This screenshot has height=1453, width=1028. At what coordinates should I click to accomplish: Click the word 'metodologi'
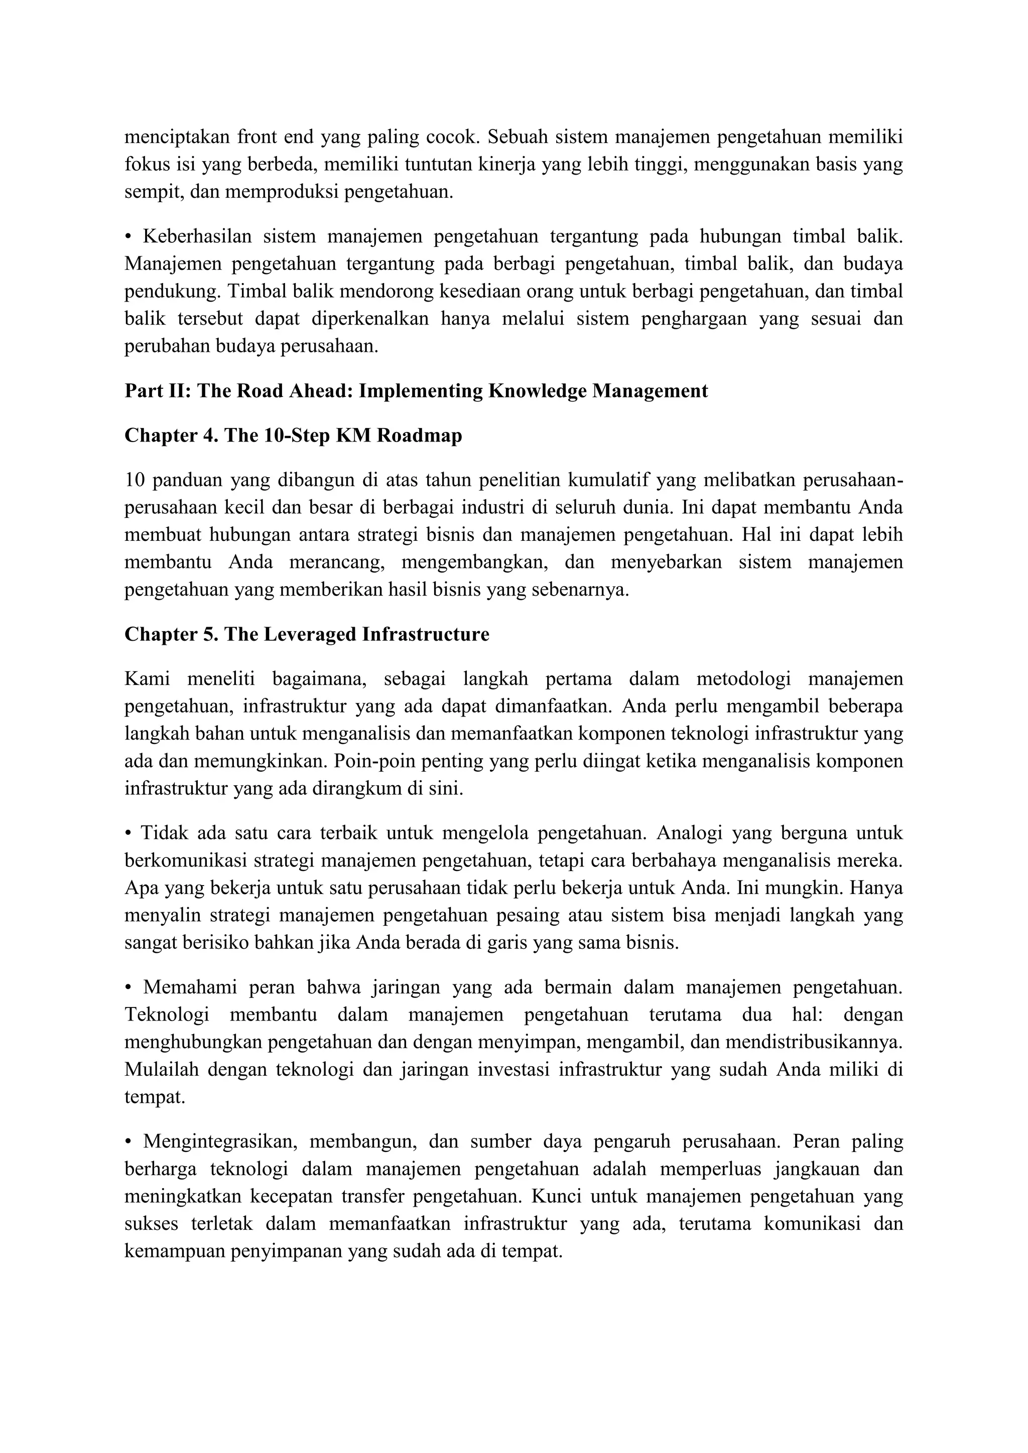pos(744,679)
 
